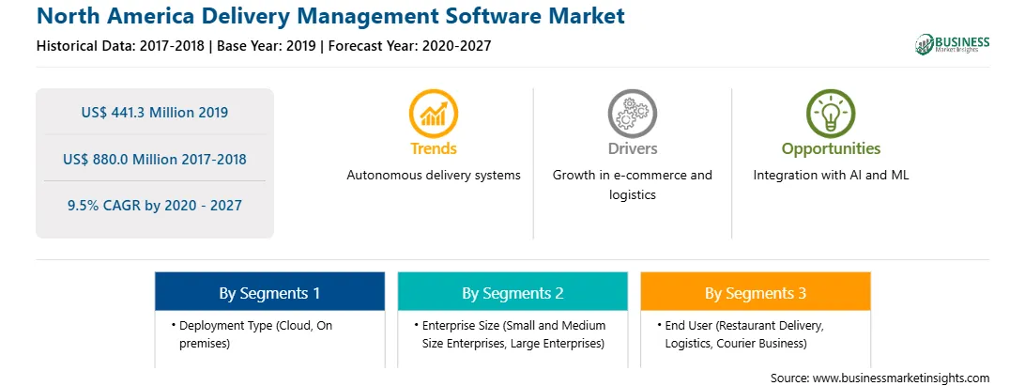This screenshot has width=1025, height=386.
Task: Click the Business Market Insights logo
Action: coord(952,44)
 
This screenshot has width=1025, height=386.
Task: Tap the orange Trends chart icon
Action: coord(434,114)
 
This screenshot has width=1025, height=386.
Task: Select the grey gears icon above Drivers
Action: coord(632,114)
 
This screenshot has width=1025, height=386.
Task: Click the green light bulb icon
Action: coord(831,114)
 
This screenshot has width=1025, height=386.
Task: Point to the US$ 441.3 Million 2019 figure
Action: coord(155,113)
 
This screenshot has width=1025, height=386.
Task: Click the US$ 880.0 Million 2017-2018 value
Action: coord(155,159)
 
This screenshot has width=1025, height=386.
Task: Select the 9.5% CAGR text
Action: coord(155,206)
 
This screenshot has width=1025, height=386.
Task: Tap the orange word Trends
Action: coord(434,148)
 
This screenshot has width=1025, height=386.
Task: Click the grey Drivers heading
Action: coord(632,148)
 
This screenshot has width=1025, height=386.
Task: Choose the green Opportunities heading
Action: coord(831,149)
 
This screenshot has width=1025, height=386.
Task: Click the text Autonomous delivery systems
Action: coord(434,176)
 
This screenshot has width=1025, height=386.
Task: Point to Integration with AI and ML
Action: coord(831,176)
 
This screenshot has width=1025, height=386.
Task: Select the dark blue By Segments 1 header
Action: coord(270,293)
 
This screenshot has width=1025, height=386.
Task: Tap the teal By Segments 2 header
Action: coord(512,293)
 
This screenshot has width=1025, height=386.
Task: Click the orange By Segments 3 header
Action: coord(756,293)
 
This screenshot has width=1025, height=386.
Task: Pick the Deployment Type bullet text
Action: coord(255,334)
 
